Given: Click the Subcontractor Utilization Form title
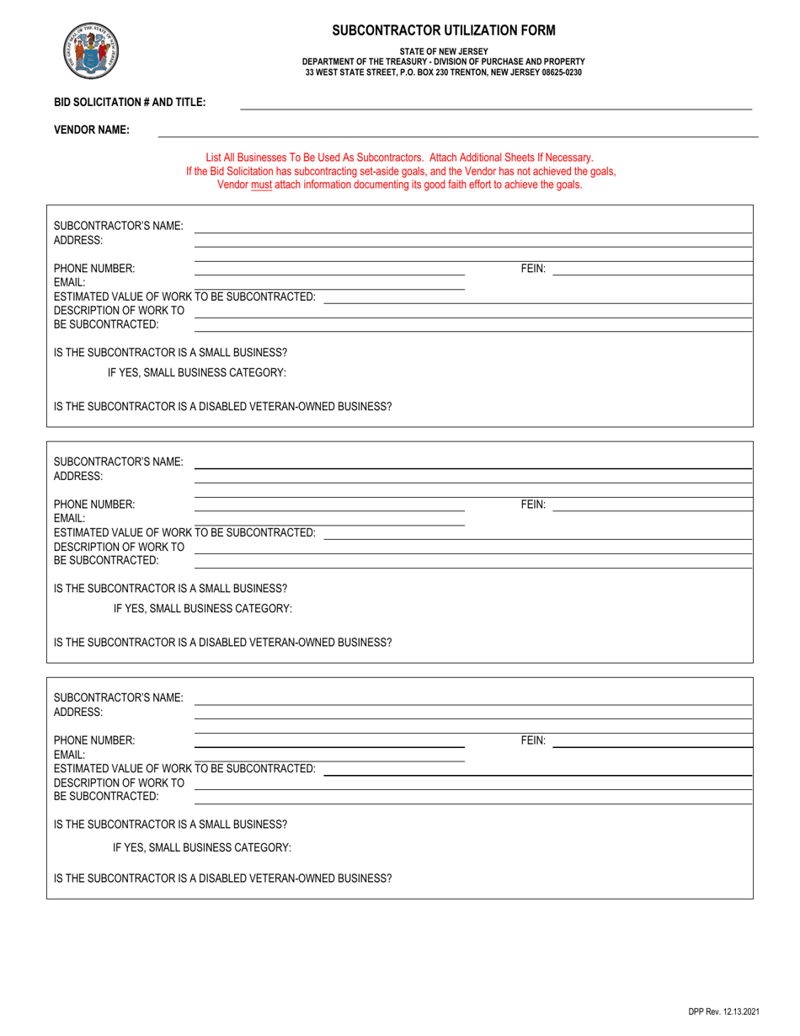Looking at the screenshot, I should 444,30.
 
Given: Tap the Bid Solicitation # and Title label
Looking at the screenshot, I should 130,102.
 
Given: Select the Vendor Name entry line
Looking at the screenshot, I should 458,136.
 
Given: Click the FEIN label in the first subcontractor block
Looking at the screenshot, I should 533,269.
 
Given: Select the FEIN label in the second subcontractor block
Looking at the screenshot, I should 533,505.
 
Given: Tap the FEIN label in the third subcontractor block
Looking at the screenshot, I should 533,740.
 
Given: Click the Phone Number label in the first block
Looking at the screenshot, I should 94,269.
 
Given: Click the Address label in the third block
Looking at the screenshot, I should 78,712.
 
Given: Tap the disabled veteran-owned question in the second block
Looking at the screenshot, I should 222,642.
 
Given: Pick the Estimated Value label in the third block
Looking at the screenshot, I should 184,768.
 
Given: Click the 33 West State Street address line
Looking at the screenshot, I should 443,72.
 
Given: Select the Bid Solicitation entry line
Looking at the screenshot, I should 496,109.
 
